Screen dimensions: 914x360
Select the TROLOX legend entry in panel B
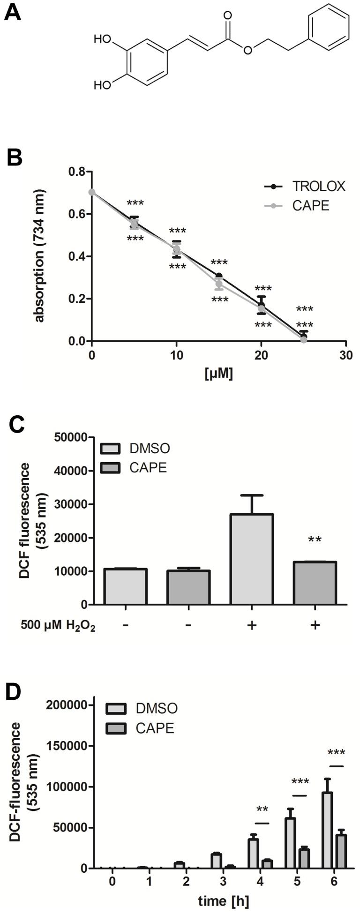point(319,186)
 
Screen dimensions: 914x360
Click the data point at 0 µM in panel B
point(92,192)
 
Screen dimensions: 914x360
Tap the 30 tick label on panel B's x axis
point(346,356)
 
